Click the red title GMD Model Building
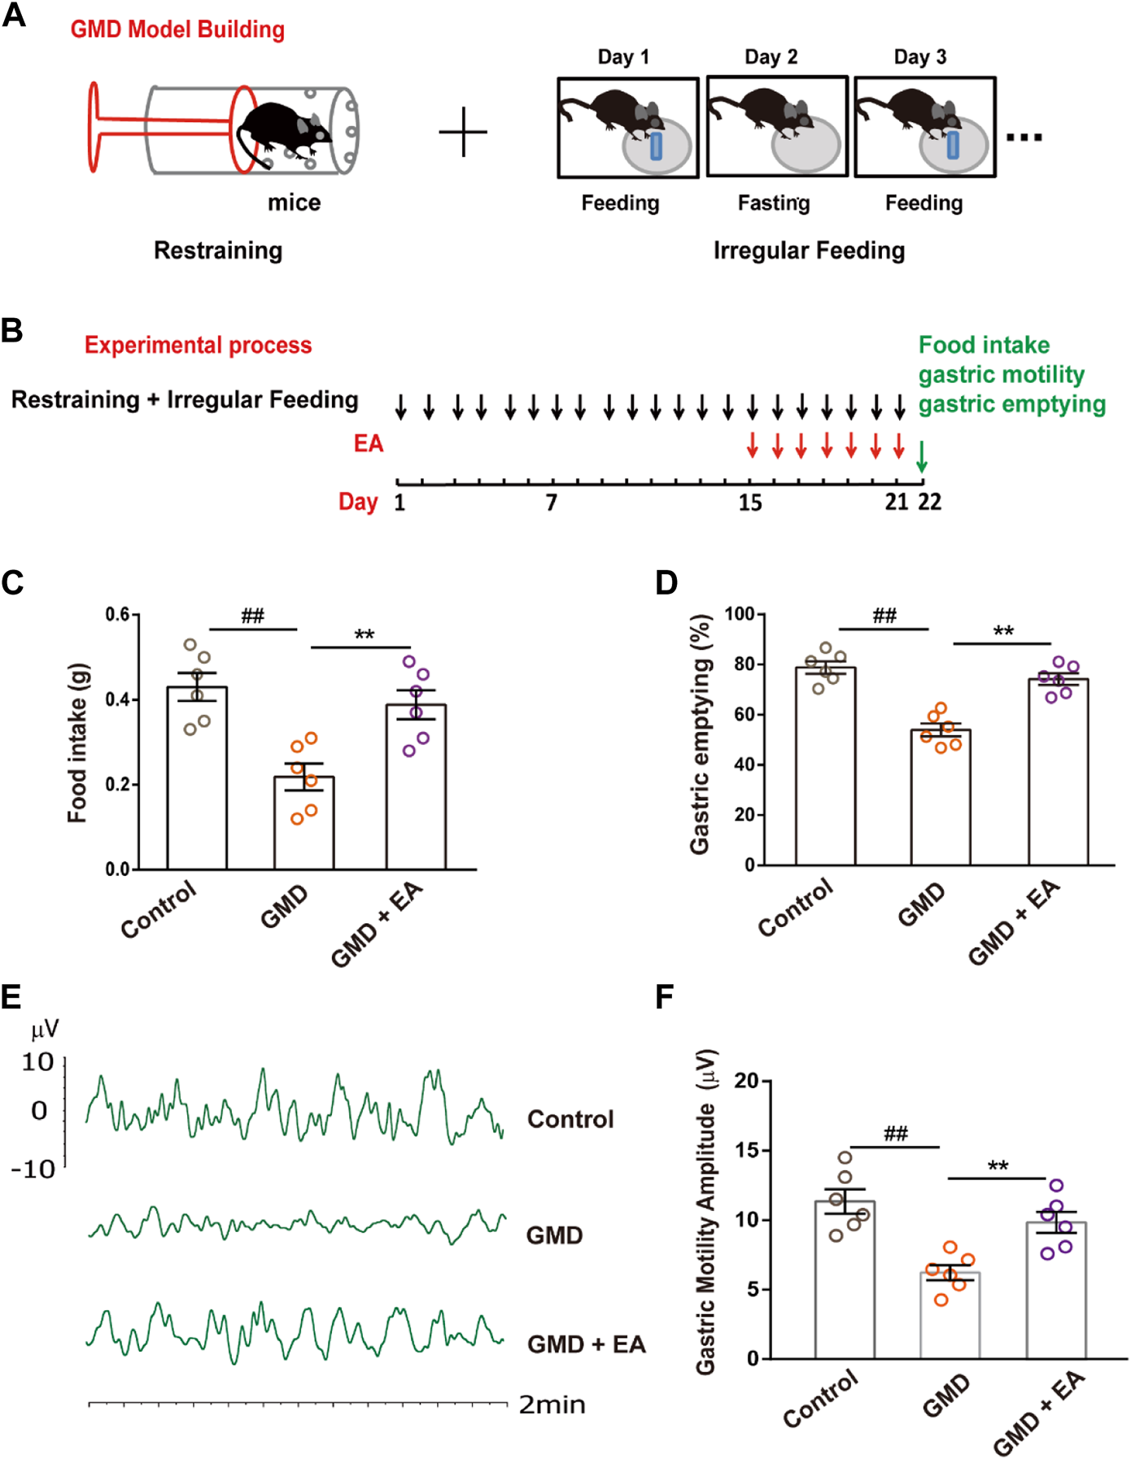point(177,29)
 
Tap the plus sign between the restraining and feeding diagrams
point(463,132)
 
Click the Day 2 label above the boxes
point(771,57)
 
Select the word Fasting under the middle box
point(773,203)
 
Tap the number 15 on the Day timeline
point(749,503)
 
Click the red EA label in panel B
point(368,443)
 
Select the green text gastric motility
point(1001,374)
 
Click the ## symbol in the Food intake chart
point(252,616)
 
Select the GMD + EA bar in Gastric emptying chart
point(1058,773)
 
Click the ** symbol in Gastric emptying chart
point(1002,632)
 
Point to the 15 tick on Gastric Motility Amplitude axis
point(746,1150)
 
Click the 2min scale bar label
point(552,1405)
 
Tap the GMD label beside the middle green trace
point(554,1235)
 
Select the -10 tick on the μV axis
point(33,1169)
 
